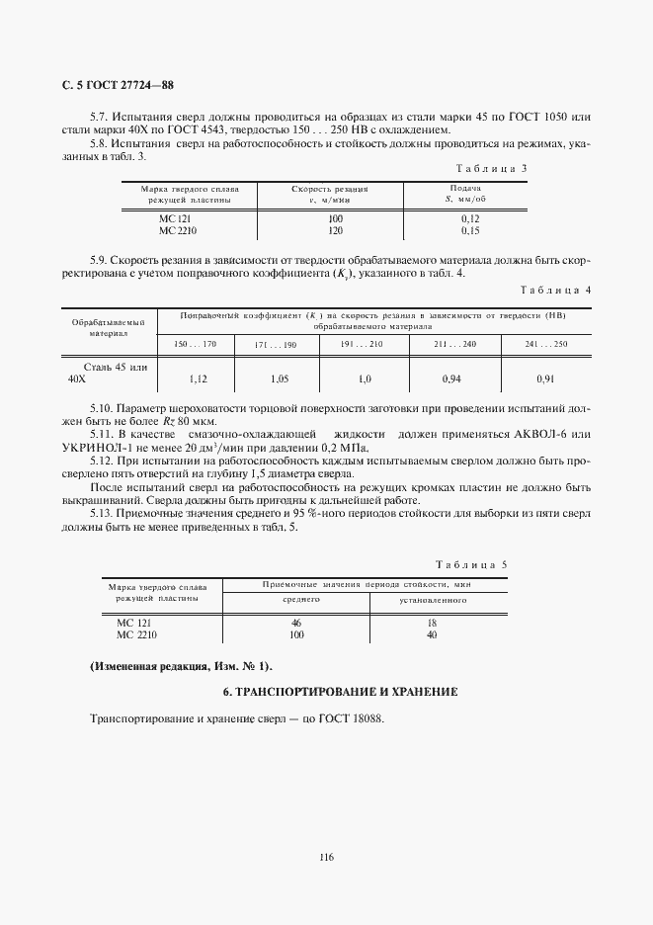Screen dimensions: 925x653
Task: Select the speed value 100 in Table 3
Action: [336, 217]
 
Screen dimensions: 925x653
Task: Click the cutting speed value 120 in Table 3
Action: [336, 230]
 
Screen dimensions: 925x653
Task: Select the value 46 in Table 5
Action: [295, 624]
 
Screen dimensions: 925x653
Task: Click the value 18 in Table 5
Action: [432, 624]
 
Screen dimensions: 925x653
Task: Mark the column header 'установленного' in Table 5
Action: [433, 600]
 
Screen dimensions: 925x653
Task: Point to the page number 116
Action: [326, 857]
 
